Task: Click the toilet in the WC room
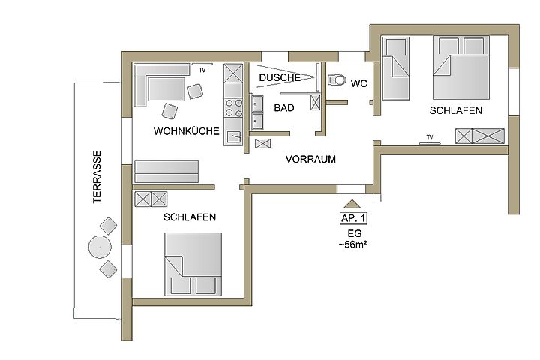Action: [337, 80]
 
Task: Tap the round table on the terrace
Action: [100, 247]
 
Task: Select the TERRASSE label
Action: [97, 177]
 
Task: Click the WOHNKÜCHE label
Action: [186, 131]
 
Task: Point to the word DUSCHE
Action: [280, 77]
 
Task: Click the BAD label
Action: [284, 108]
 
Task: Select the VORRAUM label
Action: [310, 159]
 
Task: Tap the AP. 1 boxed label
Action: [353, 218]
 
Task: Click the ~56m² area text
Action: [352, 244]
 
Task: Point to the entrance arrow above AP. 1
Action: [352, 204]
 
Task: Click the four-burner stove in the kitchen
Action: [234, 107]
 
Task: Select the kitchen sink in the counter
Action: [235, 136]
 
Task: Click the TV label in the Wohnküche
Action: [202, 70]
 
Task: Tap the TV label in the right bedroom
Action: [430, 137]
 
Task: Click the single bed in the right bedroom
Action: [396, 68]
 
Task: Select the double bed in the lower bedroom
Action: [193, 264]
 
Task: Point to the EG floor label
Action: [354, 233]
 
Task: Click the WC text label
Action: [358, 83]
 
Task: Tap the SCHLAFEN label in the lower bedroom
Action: [190, 217]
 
